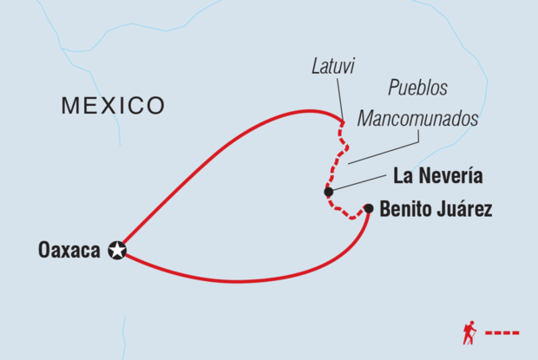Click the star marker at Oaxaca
coord(117,251)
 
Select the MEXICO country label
coord(113,106)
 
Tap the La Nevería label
coord(438,177)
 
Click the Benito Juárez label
coord(436,209)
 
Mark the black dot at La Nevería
coord(328,192)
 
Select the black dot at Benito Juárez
coord(369,208)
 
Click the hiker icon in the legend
coord(469,332)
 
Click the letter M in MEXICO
coord(70,106)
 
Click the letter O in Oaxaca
coord(44,251)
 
